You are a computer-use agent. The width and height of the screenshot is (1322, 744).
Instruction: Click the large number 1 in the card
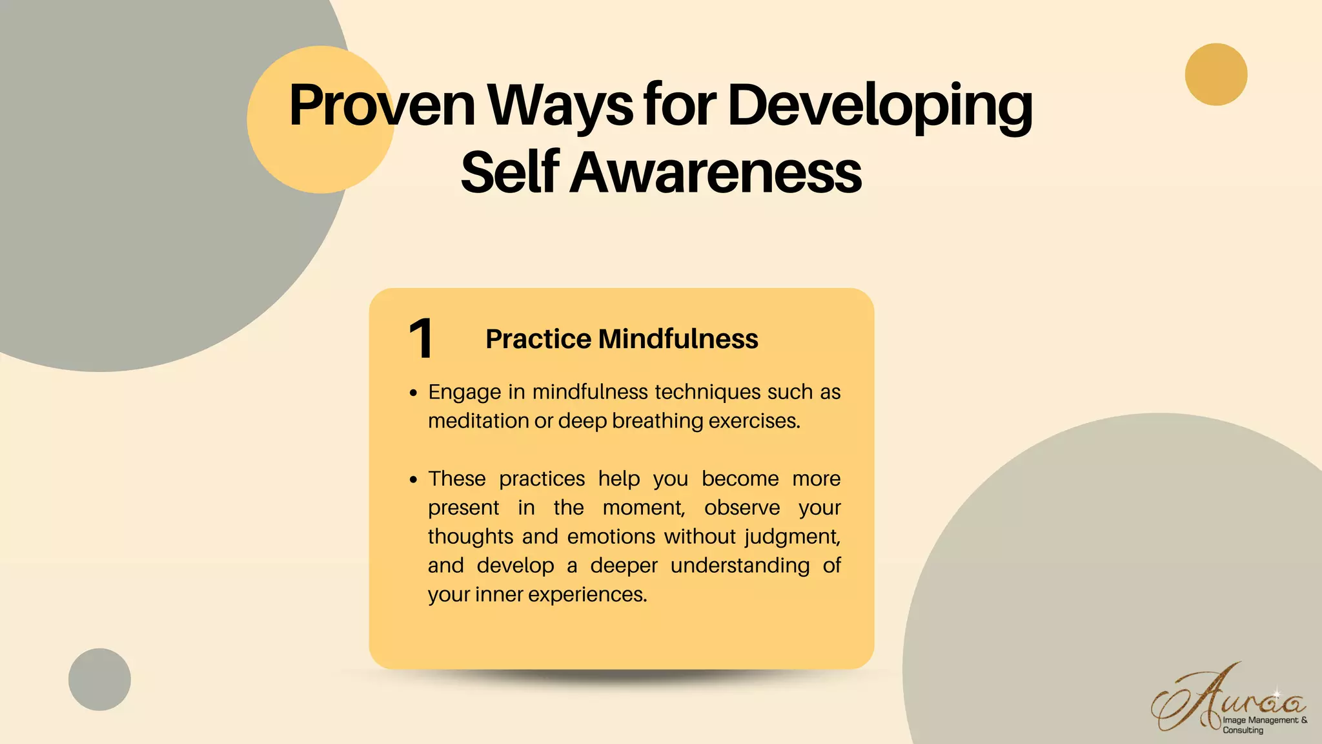click(421, 338)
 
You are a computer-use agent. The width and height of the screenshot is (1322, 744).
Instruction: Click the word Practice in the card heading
click(538, 339)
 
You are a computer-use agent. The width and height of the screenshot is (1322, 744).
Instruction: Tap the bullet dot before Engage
click(414, 393)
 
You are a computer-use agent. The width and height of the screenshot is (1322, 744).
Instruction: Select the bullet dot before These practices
click(414, 480)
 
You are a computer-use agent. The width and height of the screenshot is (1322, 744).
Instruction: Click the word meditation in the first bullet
click(478, 421)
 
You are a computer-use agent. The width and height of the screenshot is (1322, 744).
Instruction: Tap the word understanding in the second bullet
click(740, 566)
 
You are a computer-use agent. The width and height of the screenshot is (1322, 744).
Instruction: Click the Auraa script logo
click(1226, 701)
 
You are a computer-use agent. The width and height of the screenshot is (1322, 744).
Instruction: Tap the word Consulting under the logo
click(1243, 730)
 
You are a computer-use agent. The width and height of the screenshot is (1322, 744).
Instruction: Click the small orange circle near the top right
click(1216, 74)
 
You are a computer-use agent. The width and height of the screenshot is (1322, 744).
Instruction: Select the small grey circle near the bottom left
click(99, 679)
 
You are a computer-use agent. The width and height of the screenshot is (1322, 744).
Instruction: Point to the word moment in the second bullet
click(643, 508)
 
